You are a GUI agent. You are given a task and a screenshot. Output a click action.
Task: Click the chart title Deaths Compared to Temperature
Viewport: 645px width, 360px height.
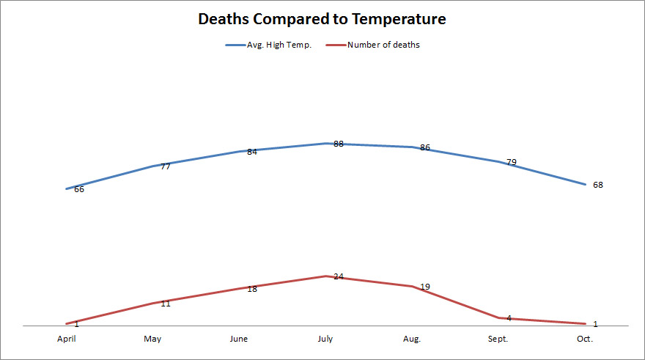322,19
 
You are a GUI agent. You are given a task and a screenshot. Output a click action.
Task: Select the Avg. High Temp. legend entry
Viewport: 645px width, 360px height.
279,45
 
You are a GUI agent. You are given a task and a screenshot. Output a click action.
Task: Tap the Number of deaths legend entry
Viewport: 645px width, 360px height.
383,45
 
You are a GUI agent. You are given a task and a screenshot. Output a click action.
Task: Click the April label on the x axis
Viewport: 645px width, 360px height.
67,339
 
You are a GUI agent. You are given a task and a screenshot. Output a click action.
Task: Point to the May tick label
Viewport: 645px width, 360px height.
152,339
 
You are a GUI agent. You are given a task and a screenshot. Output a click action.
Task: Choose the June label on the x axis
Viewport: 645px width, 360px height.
239,339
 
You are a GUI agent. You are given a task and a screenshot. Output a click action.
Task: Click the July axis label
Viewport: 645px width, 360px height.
325,339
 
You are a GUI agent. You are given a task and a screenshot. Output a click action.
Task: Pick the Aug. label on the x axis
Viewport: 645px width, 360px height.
412,339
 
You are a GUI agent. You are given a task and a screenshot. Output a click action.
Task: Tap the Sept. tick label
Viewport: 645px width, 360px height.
498,339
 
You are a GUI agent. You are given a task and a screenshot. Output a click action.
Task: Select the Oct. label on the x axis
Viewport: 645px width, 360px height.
584,339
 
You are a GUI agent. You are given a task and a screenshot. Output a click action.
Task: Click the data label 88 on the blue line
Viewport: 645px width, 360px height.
339,144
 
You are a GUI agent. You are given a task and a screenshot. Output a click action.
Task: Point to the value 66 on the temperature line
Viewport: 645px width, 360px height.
79,189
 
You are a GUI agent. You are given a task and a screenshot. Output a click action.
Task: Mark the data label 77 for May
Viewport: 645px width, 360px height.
166,166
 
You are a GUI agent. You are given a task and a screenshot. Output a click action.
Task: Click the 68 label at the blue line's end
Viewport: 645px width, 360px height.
598,185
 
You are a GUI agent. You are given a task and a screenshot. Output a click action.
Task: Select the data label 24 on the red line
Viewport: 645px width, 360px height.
339,276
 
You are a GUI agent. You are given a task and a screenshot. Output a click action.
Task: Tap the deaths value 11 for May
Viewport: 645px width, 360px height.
166,303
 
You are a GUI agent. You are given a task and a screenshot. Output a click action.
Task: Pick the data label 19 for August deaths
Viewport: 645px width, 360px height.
425,287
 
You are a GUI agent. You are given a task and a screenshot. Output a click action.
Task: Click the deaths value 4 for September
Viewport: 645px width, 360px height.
509,318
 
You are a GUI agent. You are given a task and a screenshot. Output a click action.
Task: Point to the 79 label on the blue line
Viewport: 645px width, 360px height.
511,162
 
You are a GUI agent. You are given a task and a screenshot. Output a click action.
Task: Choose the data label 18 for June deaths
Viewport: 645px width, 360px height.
252,289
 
